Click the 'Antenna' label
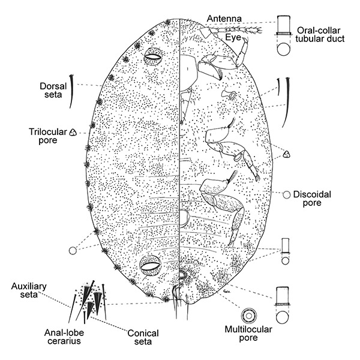pyautogui.click(x=224, y=19)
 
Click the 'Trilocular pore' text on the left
pyautogui.click(x=44, y=136)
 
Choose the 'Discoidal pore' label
pyautogui.click(x=316, y=199)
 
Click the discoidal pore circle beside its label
pyautogui.click(x=287, y=194)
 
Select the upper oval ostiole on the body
pyautogui.click(x=154, y=58)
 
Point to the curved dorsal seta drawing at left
pyautogui.click(x=73, y=91)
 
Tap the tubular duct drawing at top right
pyautogui.click(x=283, y=36)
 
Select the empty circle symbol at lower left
pyautogui.click(x=74, y=250)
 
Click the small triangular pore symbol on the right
pyautogui.click(x=287, y=155)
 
